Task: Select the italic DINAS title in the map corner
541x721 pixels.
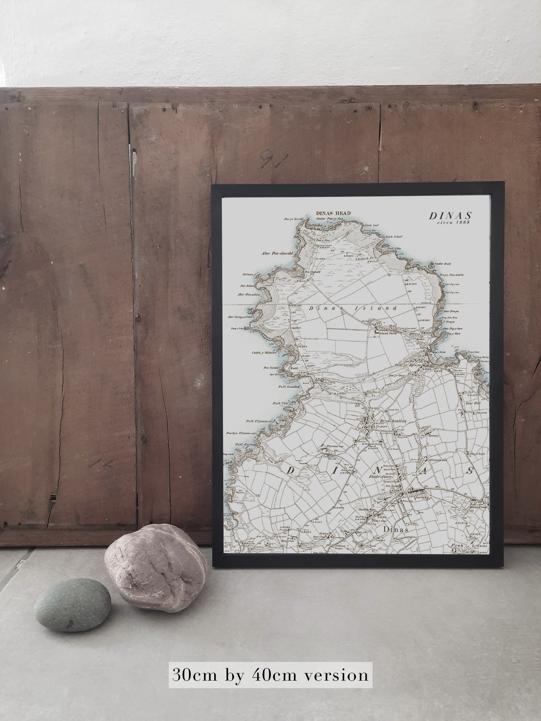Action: pyautogui.click(x=450, y=216)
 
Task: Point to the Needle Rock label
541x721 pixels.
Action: pyautogui.click(x=443, y=264)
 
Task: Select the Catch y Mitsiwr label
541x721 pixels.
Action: pyautogui.click(x=264, y=353)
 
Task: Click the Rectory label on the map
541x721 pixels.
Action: pyautogui.click(x=433, y=435)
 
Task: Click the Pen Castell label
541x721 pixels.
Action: pyautogui.click(x=272, y=368)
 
